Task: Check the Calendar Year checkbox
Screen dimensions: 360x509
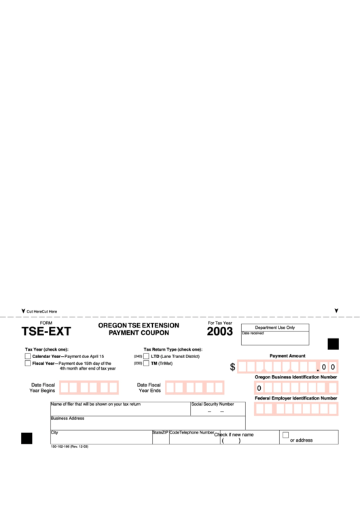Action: (28, 356)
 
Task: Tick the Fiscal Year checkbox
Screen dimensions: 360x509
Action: (28, 364)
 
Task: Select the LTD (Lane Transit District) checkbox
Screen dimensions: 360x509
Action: (146, 356)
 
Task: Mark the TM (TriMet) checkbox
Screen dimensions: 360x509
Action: (146, 364)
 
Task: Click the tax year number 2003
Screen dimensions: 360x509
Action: (219, 332)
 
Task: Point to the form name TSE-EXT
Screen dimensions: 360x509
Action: (46, 333)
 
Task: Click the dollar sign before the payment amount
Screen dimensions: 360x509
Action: (232, 367)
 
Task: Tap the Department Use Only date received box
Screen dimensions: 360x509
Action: (274, 338)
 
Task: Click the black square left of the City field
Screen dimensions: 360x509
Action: (26, 438)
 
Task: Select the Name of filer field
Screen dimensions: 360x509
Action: (120, 410)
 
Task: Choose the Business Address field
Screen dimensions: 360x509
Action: (147, 423)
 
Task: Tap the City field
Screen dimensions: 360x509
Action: (101, 438)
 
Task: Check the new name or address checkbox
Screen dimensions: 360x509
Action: (285, 435)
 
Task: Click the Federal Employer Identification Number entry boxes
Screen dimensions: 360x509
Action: (296, 409)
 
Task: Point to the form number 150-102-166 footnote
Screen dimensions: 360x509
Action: (69, 446)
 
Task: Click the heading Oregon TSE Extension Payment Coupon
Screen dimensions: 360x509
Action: (139, 330)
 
